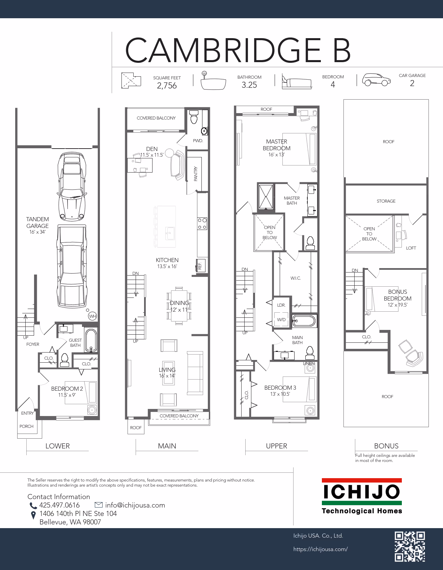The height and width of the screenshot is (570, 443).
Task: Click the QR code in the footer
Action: pos(410,546)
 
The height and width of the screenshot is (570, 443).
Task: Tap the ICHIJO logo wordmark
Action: pos(362,492)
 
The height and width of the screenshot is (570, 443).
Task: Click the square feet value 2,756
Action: pos(167,86)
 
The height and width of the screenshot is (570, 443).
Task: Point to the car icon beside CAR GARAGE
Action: pos(377,80)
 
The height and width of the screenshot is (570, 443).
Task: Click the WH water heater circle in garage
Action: pos(92,316)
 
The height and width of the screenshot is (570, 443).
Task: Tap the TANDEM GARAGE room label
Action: pos(37,223)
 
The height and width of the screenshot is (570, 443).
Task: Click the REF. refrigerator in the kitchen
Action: pos(200,265)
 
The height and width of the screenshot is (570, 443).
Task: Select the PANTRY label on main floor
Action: pos(196,174)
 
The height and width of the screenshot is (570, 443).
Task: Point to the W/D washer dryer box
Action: pos(281,319)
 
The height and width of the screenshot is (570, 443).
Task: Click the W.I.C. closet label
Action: pos(296,278)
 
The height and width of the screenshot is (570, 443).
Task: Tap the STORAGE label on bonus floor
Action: pos(386,201)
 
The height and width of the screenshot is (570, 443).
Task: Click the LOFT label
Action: pos(411,248)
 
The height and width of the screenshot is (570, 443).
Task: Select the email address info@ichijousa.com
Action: pos(135,505)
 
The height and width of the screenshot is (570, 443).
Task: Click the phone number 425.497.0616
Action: pos(59,505)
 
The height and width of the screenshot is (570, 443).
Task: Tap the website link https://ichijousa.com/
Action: pos(321,549)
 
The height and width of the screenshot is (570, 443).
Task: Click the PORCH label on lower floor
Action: pos(26,426)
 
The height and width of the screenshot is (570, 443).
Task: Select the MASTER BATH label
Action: pos(292,201)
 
